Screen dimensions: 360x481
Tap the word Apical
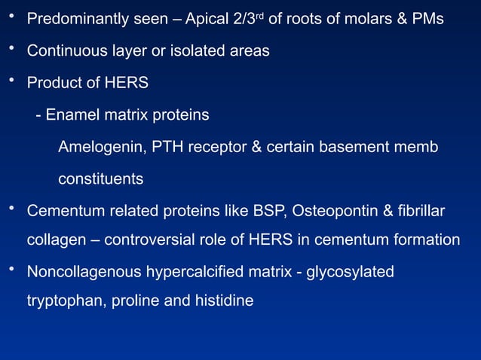(204, 18)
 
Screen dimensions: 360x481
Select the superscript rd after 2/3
(258, 14)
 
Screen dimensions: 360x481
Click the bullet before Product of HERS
(11, 80)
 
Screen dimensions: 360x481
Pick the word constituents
(100, 180)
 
